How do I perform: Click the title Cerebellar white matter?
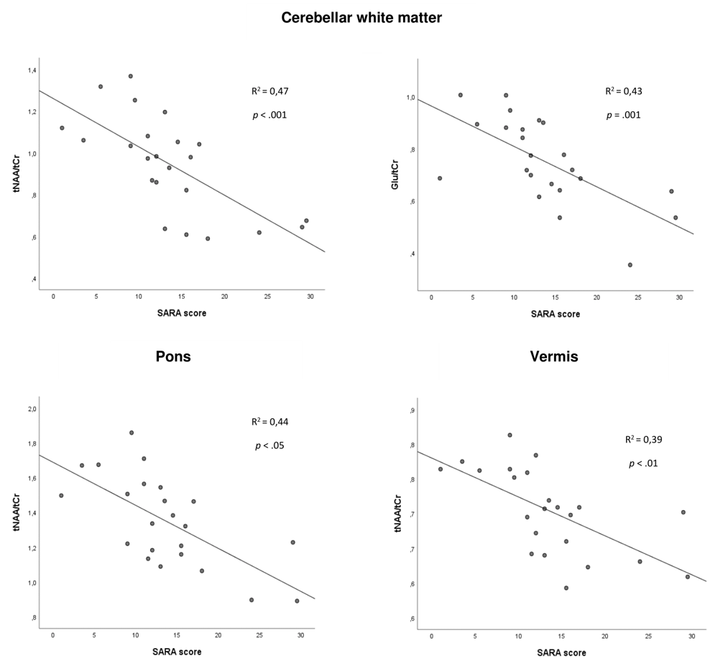(361, 18)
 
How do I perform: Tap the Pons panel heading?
(174, 356)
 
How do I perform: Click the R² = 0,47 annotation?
(269, 91)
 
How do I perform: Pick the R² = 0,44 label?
(269, 422)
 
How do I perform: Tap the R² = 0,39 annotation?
(643, 439)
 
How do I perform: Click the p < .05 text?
(270, 446)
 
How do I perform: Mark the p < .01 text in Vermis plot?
(643, 463)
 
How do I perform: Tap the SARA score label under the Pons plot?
(177, 652)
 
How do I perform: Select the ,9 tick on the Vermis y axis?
(411, 410)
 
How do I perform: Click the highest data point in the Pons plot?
(132, 433)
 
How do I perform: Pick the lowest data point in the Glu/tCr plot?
(630, 265)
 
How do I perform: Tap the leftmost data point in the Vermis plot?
(441, 469)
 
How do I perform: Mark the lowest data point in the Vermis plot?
(566, 588)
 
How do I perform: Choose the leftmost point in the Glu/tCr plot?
(440, 178)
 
